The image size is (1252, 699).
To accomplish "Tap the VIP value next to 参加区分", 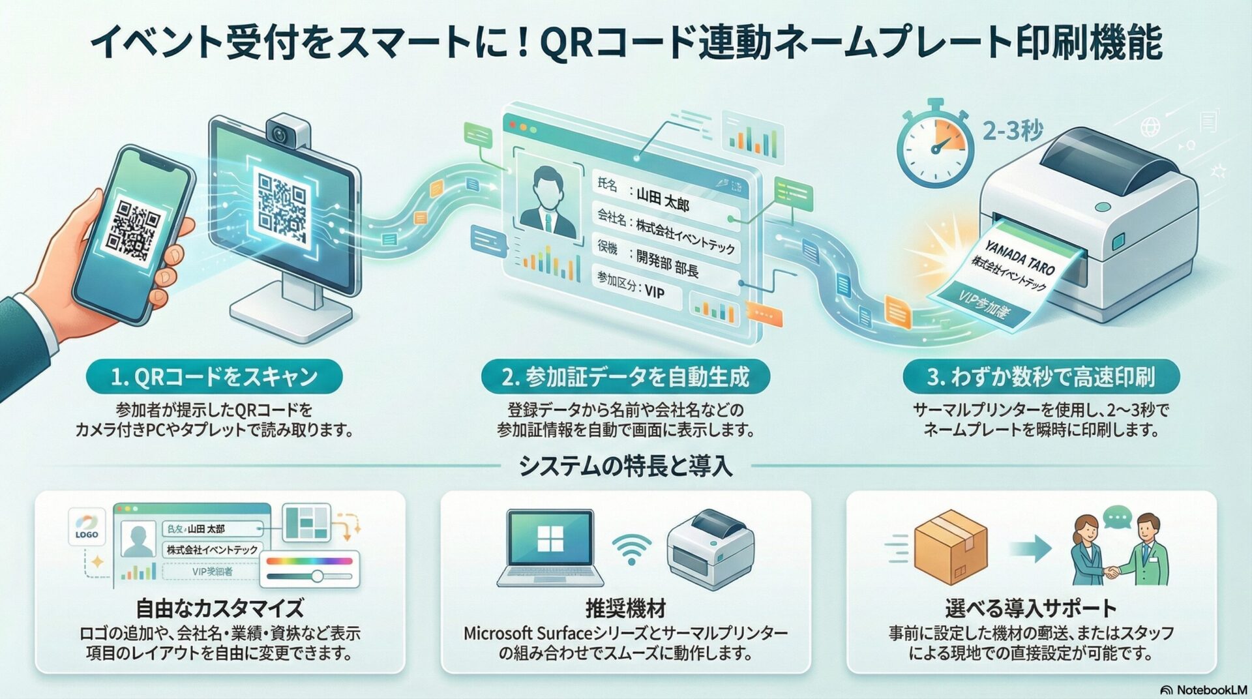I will (655, 291).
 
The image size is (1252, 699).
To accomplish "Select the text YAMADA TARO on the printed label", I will (1020, 257).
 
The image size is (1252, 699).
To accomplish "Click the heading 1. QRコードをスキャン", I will (214, 377).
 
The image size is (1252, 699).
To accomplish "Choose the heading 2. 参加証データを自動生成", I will (625, 377).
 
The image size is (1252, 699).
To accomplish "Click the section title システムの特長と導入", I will (625, 466).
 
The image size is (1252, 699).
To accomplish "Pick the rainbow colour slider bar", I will (309, 561).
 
